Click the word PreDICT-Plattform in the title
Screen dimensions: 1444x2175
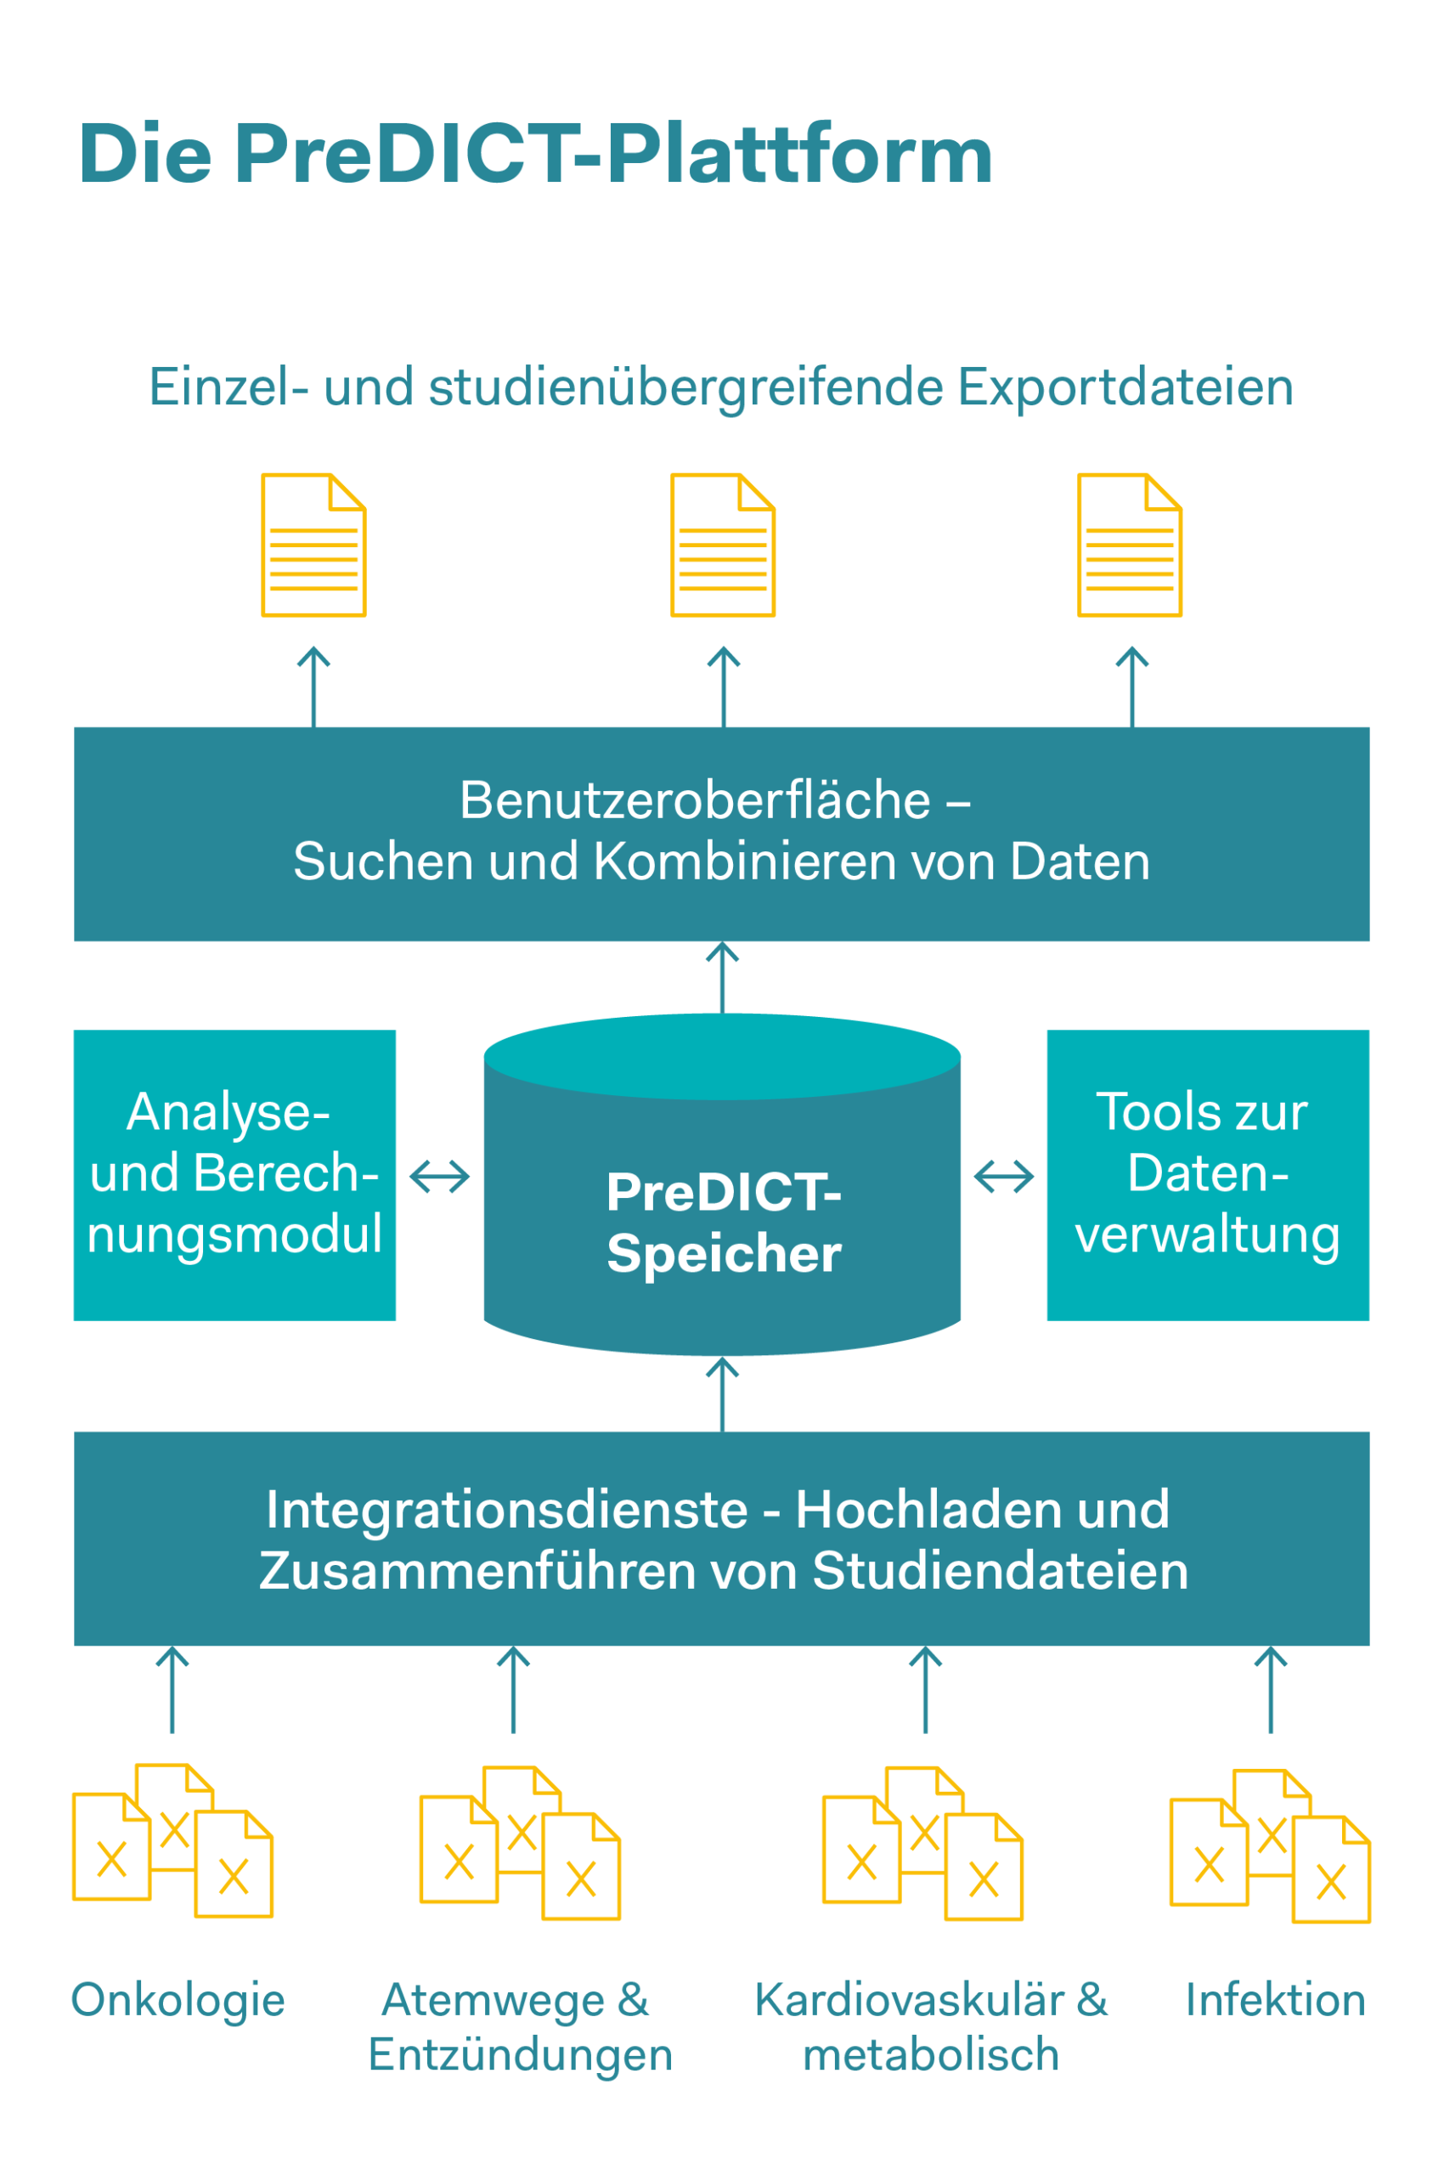613,154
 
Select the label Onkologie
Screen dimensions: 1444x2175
178,2001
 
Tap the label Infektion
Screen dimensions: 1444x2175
1276,2000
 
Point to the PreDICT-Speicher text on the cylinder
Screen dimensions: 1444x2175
724,1223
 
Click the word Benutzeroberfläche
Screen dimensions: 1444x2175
696,799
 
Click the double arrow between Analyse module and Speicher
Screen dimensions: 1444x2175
439,1177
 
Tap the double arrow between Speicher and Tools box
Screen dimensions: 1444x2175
1004,1177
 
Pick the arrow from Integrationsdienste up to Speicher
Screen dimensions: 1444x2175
723,1394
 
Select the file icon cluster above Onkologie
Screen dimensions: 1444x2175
173,1840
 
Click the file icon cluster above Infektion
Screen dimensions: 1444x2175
1270,1845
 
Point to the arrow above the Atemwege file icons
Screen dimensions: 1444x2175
513,1690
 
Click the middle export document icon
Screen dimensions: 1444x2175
723,545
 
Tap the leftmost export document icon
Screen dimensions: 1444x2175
314,545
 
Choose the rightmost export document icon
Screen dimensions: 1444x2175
1130,545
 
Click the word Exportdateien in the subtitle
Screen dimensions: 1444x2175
1125,387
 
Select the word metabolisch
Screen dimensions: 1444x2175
931,2055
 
